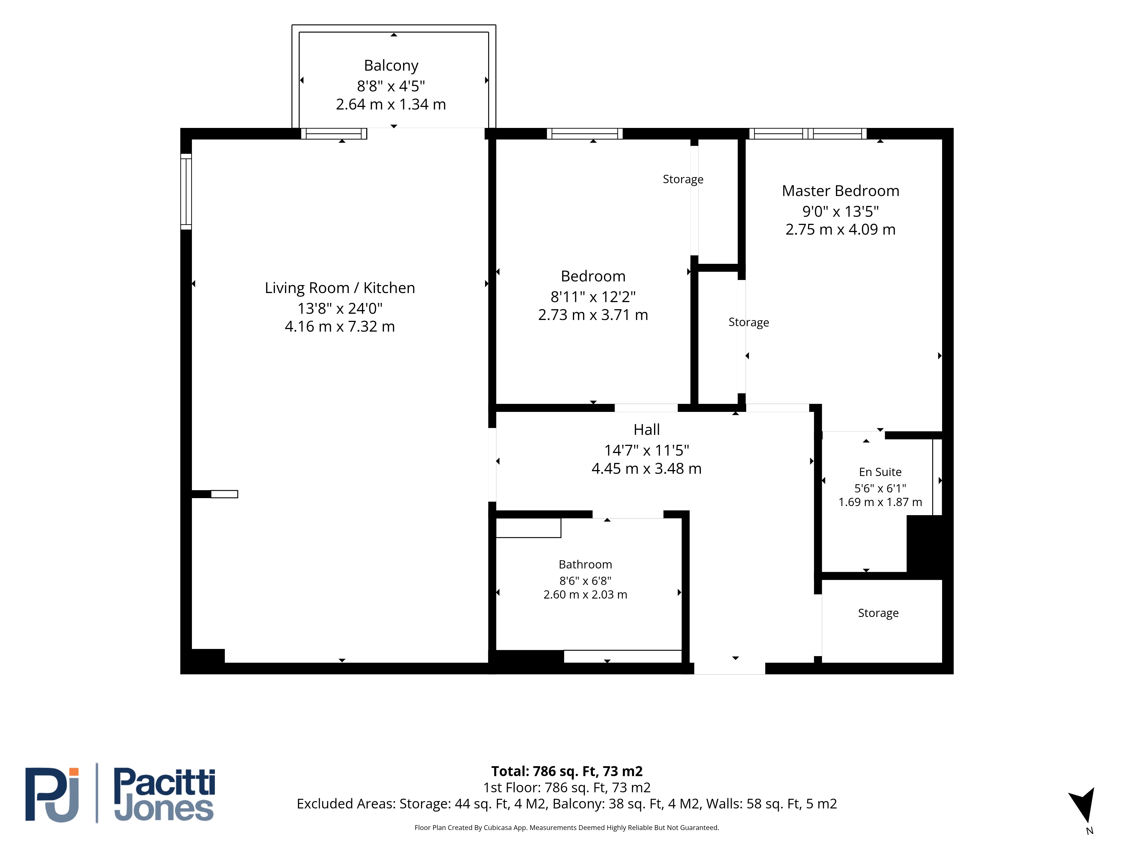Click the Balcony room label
point(391,66)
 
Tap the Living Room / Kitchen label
point(340,288)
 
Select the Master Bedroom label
point(840,191)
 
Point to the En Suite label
point(880,472)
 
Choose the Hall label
point(646,429)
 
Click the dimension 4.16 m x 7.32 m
point(340,327)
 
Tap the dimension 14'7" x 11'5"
point(646,450)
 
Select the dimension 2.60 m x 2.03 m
point(585,595)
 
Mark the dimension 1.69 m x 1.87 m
point(880,502)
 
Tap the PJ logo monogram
point(52,795)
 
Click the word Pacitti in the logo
point(164,783)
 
